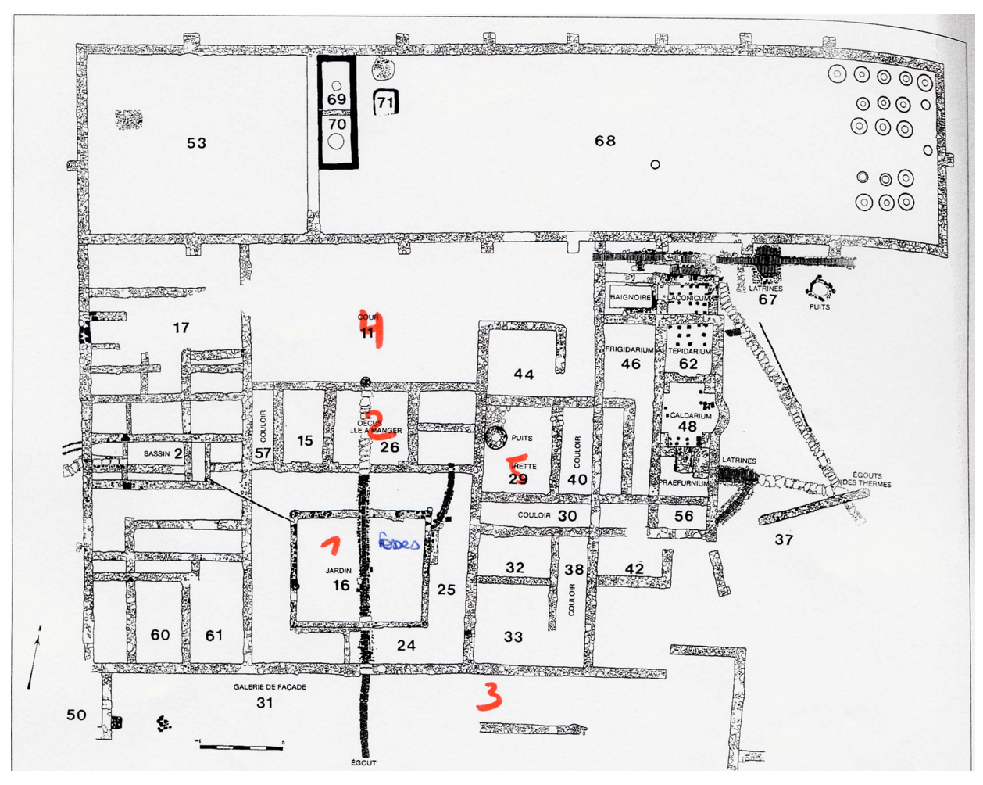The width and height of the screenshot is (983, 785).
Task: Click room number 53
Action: (x=196, y=142)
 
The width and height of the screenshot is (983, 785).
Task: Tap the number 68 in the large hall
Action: (x=605, y=141)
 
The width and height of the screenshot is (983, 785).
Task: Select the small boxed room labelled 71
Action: (x=385, y=102)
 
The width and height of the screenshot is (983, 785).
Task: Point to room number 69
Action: (x=337, y=99)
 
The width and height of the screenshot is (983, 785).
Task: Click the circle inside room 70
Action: (x=336, y=142)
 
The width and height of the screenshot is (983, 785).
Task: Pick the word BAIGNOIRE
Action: (x=631, y=298)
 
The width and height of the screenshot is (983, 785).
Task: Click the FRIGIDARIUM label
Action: (x=629, y=350)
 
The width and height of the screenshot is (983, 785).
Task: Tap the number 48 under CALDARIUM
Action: (x=688, y=427)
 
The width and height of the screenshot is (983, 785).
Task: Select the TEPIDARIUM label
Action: (x=688, y=352)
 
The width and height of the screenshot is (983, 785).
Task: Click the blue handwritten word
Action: (x=399, y=543)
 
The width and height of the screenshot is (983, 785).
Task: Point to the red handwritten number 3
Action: (x=488, y=696)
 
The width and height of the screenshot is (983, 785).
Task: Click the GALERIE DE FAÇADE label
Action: (x=270, y=687)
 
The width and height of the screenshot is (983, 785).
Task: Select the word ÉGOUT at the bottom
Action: (x=364, y=763)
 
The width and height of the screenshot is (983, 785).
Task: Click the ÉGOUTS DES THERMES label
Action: (x=867, y=479)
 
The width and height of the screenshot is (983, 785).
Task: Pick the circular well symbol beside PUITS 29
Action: (x=495, y=438)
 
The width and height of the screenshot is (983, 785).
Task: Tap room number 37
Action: (x=784, y=539)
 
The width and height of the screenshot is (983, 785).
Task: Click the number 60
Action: (x=160, y=635)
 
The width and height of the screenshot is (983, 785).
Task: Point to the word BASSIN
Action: (x=156, y=453)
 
